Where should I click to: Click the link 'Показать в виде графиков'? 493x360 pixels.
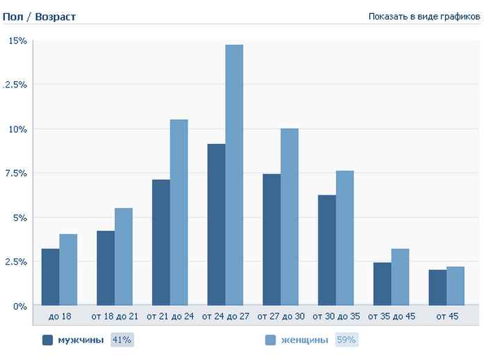[424, 16]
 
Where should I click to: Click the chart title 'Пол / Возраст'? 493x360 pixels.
[39, 16]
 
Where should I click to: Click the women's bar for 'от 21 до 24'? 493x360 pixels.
[179, 212]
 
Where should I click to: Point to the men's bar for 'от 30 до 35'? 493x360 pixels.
[327, 250]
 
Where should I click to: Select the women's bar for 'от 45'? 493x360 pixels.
[455, 286]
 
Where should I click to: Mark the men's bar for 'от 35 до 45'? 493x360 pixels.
[382, 284]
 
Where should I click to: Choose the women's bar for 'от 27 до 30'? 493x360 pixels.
[289, 217]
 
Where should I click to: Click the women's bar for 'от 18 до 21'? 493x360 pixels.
[124, 256]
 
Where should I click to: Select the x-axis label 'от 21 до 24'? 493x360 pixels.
[170, 317]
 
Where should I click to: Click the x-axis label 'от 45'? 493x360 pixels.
[446, 317]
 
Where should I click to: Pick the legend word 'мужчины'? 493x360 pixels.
[81, 340]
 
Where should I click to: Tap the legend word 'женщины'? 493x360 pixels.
[305, 340]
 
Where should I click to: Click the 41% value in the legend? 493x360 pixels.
[122, 340]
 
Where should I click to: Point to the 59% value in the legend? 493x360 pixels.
[346, 340]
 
